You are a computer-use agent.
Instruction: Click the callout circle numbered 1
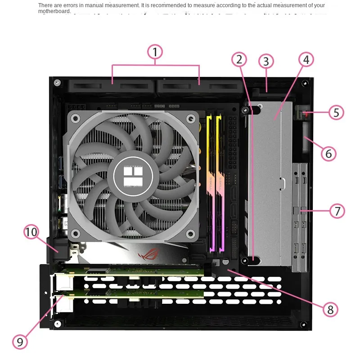click(x=155, y=52)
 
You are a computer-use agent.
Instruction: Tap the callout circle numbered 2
click(x=239, y=59)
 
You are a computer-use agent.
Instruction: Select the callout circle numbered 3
click(x=266, y=61)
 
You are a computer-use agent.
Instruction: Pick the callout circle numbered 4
click(x=306, y=59)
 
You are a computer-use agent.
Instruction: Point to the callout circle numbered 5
click(x=336, y=112)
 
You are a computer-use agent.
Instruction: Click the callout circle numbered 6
click(x=328, y=153)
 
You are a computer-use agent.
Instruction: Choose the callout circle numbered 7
click(x=337, y=211)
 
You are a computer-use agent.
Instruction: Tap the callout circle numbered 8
click(x=330, y=309)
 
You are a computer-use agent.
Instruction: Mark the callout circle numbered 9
click(x=20, y=342)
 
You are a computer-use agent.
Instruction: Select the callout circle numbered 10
click(x=31, y=232)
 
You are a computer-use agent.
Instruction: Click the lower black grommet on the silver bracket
click(x=246, y=261)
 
